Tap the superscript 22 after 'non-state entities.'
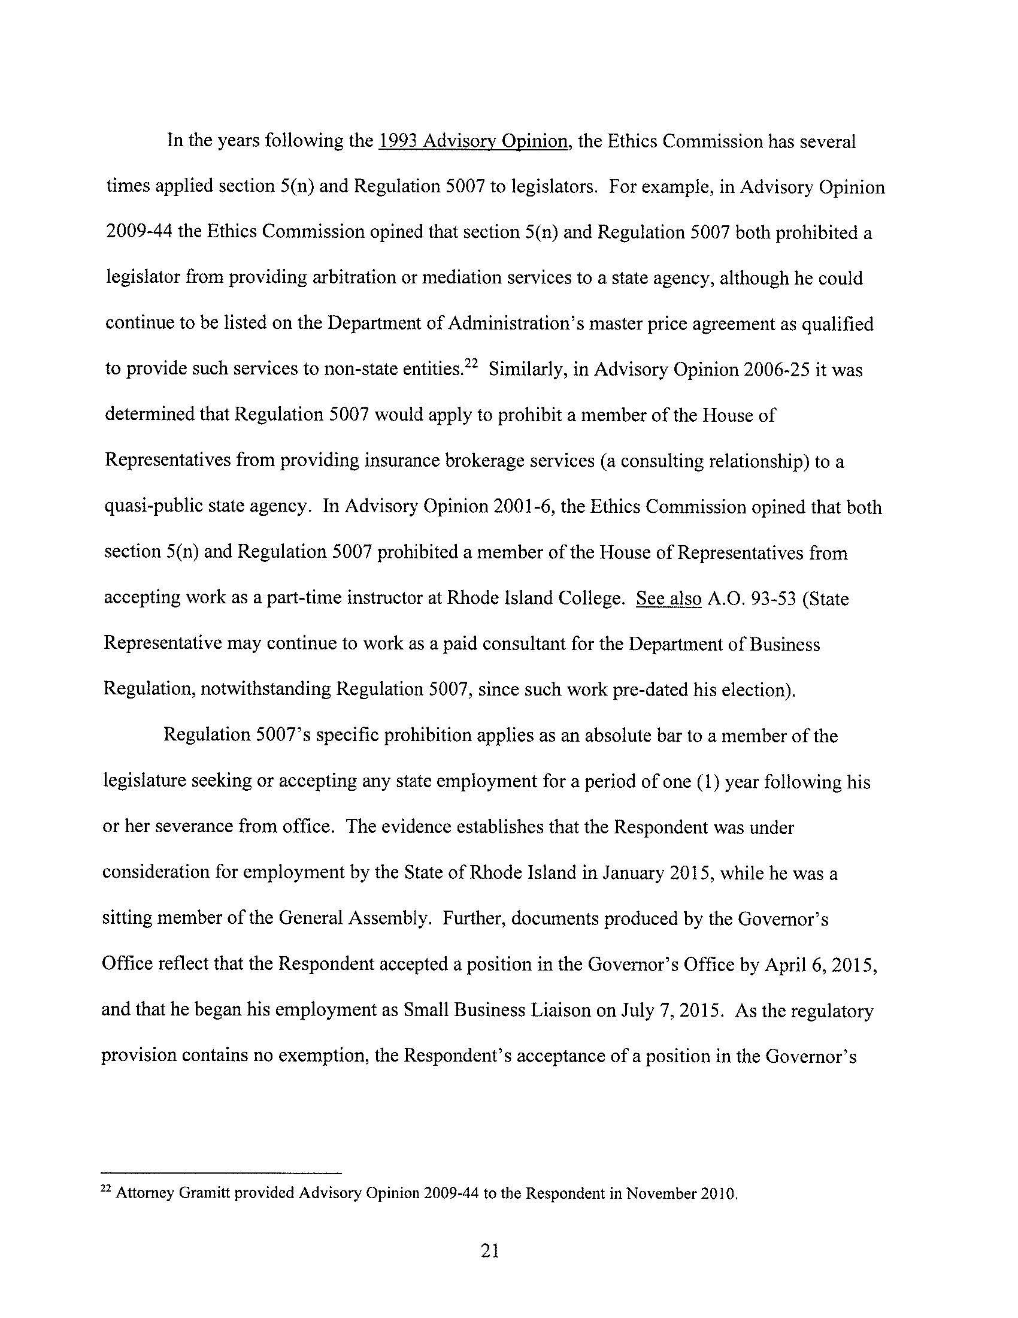point(471,364)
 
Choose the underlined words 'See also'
point(669,598)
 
